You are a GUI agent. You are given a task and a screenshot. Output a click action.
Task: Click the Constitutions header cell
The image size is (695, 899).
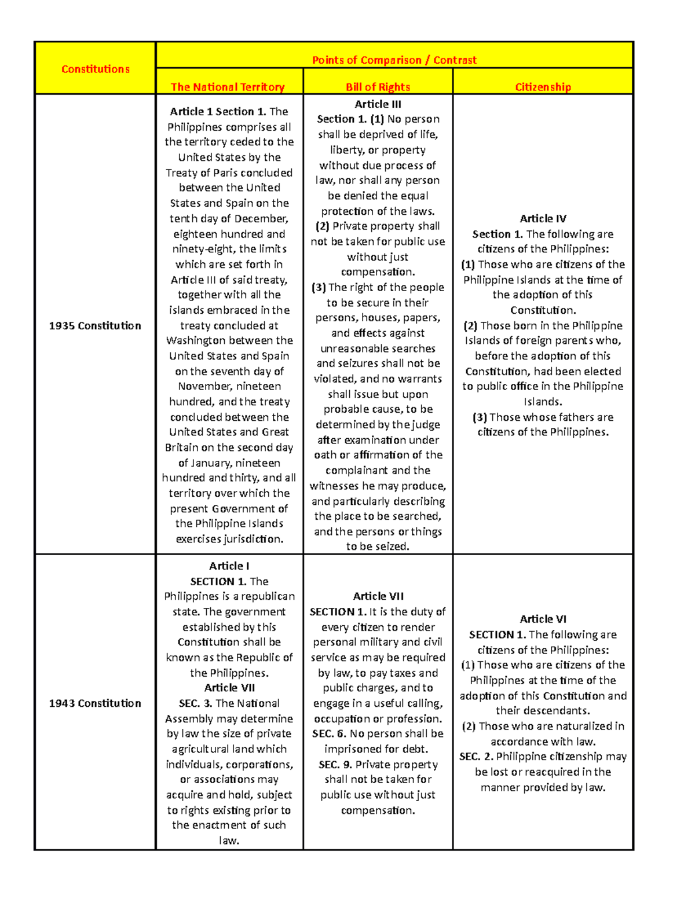pyautogui.click(x=96, y=69)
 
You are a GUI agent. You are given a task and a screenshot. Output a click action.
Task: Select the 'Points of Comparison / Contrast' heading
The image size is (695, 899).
pyautogui.click(x=394, y=60)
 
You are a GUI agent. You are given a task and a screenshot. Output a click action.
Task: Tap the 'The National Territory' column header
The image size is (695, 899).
pyautogui.click(x=228, y=87)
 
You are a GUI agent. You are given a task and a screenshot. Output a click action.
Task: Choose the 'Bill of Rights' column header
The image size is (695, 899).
pyautogui.click(x=378, y=87)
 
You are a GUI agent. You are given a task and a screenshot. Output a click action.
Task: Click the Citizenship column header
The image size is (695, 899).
pyautogui.click(x=543, y=87)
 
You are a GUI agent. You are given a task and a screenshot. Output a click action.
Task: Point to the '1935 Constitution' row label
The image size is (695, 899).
pyautogui.click(x=95, y=325)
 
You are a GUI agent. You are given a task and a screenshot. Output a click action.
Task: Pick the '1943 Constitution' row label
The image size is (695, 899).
pyautogui.click(x=95, y=703)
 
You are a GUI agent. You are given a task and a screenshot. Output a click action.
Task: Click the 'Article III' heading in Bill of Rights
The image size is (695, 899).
pyautogui.click(x=378, y=104)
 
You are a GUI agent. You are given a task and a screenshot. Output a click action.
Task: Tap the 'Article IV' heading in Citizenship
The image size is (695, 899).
pyautogui.click(x=543, y=218)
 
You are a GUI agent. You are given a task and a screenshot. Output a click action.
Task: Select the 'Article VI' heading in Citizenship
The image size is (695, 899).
pyautogui.click(x=543, y=619)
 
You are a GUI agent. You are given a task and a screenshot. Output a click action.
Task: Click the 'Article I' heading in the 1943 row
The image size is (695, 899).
pyautogui.click(x=229, y=566)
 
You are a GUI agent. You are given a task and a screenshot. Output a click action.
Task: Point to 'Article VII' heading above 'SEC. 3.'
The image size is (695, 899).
pyautogui.click(x=229, y=688)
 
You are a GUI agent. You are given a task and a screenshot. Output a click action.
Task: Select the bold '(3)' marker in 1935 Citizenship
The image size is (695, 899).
pyautogui.click(x=480, y=417)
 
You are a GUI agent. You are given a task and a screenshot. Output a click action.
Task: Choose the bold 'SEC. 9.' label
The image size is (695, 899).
pyautogui.click(x=335, y=764)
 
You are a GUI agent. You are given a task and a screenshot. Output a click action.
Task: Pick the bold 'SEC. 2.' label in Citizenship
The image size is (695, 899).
pyautogui.click(x=476, y=756)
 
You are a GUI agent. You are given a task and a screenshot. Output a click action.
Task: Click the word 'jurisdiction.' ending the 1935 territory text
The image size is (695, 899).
pyautogui.click(x=254, y=539)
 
